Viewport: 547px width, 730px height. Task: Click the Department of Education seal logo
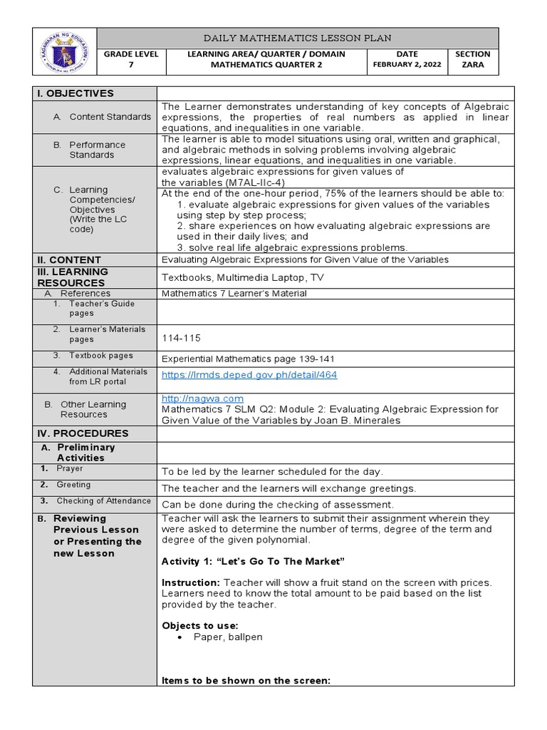tap(64, 51)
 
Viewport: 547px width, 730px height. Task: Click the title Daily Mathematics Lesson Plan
tap(297, 38)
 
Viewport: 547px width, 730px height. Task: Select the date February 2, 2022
tap(407, 64)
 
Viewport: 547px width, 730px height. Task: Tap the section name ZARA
tap(473, 64)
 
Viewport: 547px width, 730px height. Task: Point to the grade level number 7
tap(130, 64)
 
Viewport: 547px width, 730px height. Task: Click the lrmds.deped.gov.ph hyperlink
tap(249, 375)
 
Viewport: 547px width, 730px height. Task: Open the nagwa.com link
tap(202, 399)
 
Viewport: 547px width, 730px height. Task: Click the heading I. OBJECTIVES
tap(75, 93)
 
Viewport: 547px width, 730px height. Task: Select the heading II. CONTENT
tap(69, 260)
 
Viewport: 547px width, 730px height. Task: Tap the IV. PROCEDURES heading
tap(82, 433)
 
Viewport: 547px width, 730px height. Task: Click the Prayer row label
tap(70, 468)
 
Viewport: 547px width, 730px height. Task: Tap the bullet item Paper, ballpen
tap(228, 637)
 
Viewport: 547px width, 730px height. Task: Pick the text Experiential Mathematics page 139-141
tap(248, 359)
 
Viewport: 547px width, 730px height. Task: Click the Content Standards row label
tap(110, 117)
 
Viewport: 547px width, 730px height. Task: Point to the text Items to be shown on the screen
tap(246, 681)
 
